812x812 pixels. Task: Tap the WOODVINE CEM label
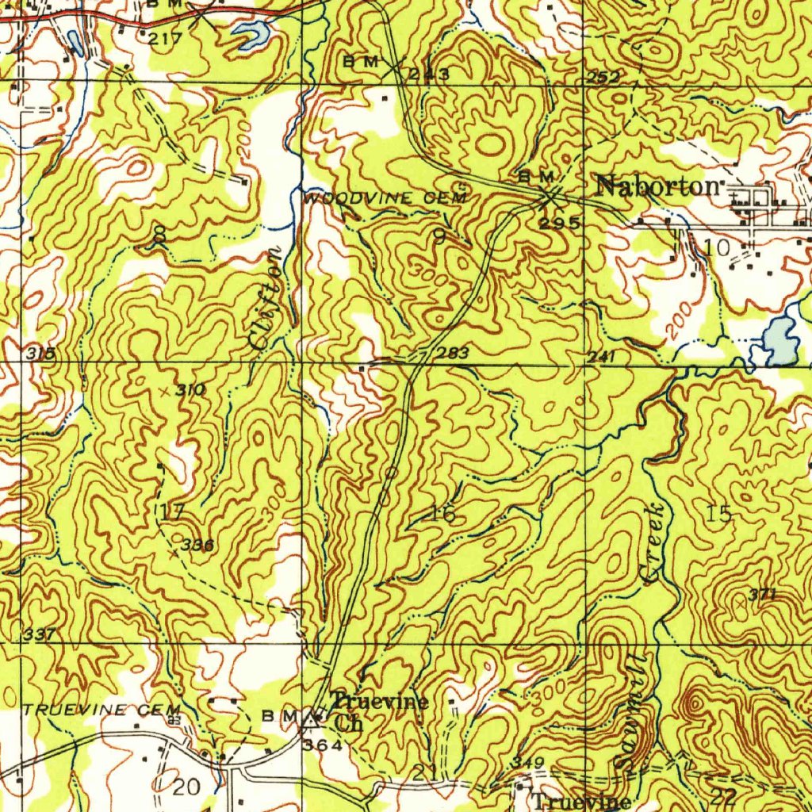386,198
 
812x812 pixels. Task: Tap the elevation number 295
558,223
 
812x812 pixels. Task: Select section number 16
442,514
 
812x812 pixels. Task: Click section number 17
172,511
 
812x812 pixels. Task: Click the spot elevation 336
197,546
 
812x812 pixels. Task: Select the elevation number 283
452,353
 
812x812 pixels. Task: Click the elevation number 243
429,75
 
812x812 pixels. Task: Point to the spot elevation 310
190,389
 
